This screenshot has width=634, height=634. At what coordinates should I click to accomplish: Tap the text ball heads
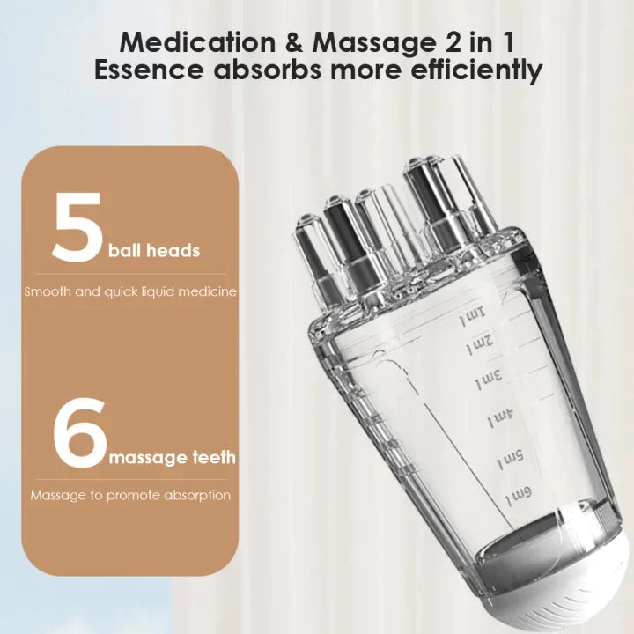click(x=154, y=251)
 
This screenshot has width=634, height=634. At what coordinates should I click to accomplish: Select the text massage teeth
click(x=172, y=458)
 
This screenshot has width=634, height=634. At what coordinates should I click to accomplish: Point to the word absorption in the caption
click(x=197, y=496)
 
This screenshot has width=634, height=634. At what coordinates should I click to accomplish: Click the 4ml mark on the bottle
click(x=501, y=417)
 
